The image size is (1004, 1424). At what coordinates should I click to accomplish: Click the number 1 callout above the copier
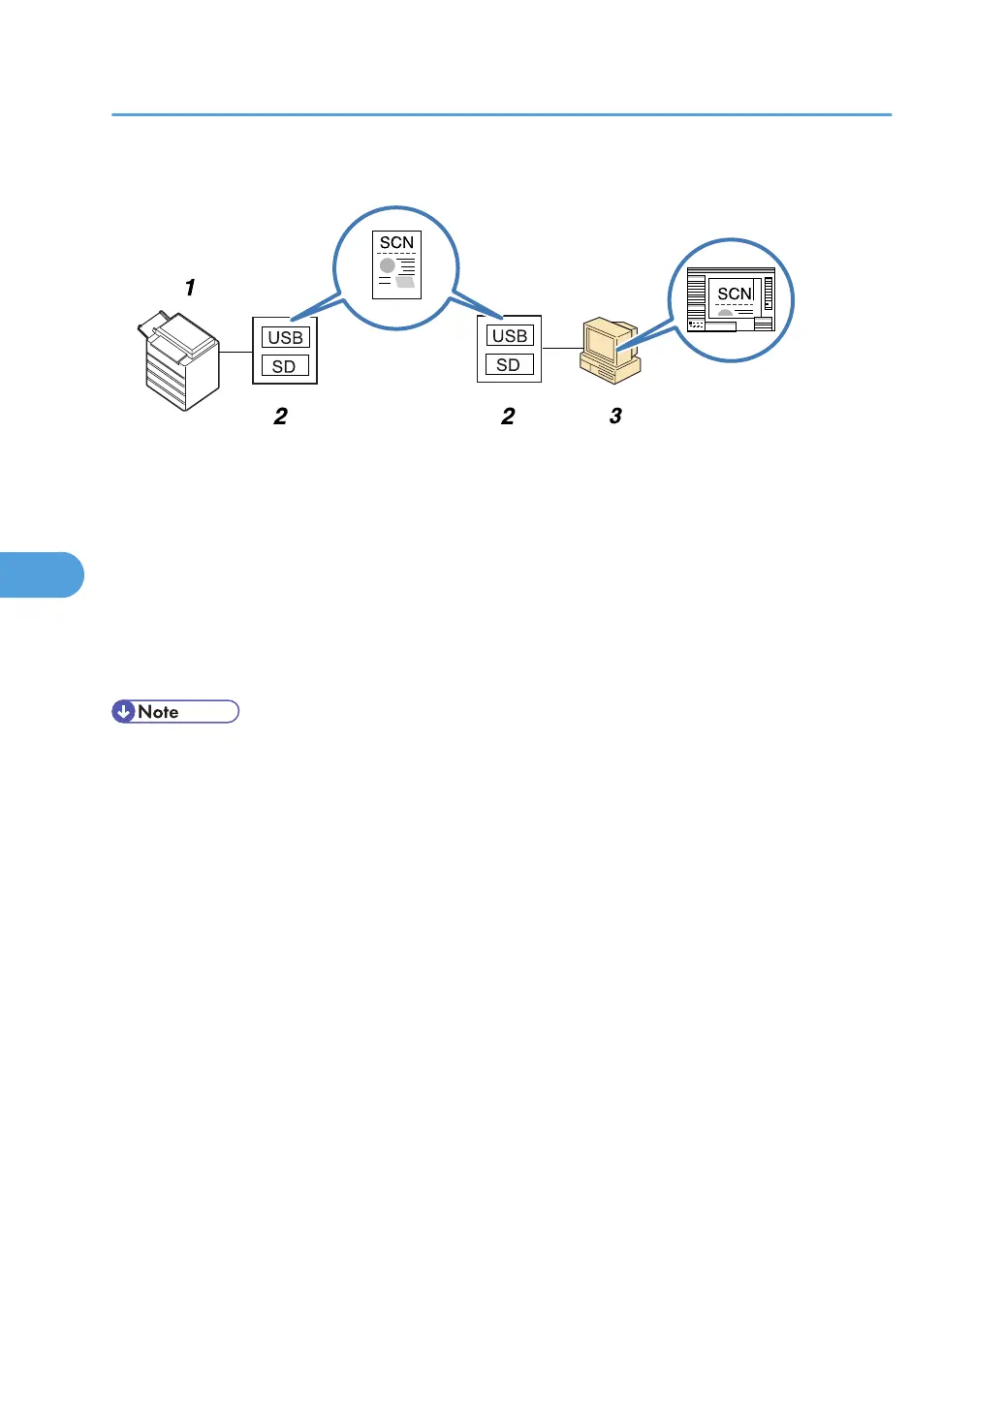click(x=190, y=288)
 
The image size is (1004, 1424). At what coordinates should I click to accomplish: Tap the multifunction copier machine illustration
click(x=180, y=363)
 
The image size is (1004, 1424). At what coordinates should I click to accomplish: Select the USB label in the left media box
click(x=285, y=337)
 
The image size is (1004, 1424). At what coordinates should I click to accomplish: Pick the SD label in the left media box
click(x=284, y=366)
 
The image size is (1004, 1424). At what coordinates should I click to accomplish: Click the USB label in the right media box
click(x=510, y=336)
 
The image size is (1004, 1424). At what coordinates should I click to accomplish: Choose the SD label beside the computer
click(x=509, y=365)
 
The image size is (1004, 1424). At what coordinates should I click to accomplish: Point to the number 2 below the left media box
click(x=280, y=417)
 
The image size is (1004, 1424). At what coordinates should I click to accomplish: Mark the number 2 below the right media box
click(x=508, y=417)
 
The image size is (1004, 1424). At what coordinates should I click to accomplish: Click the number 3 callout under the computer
click(x=615, y=417)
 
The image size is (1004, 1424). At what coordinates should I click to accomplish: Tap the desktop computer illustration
click(x=610, y=352)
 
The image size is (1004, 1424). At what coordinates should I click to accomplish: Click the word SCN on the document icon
click(x=396, y=242)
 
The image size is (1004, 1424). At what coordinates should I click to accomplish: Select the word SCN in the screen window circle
click(x=735, y=294)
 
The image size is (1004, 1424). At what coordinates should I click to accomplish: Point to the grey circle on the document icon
click(x=388, y=264)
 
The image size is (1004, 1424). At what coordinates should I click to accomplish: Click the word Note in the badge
click(x=158, y=712)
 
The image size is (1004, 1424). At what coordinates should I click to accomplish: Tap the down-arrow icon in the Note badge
click(x=124, y=712)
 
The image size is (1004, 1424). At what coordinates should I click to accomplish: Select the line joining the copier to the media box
click(x=235, y=352)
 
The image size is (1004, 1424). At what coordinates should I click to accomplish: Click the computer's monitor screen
click(x=601, y=342)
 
